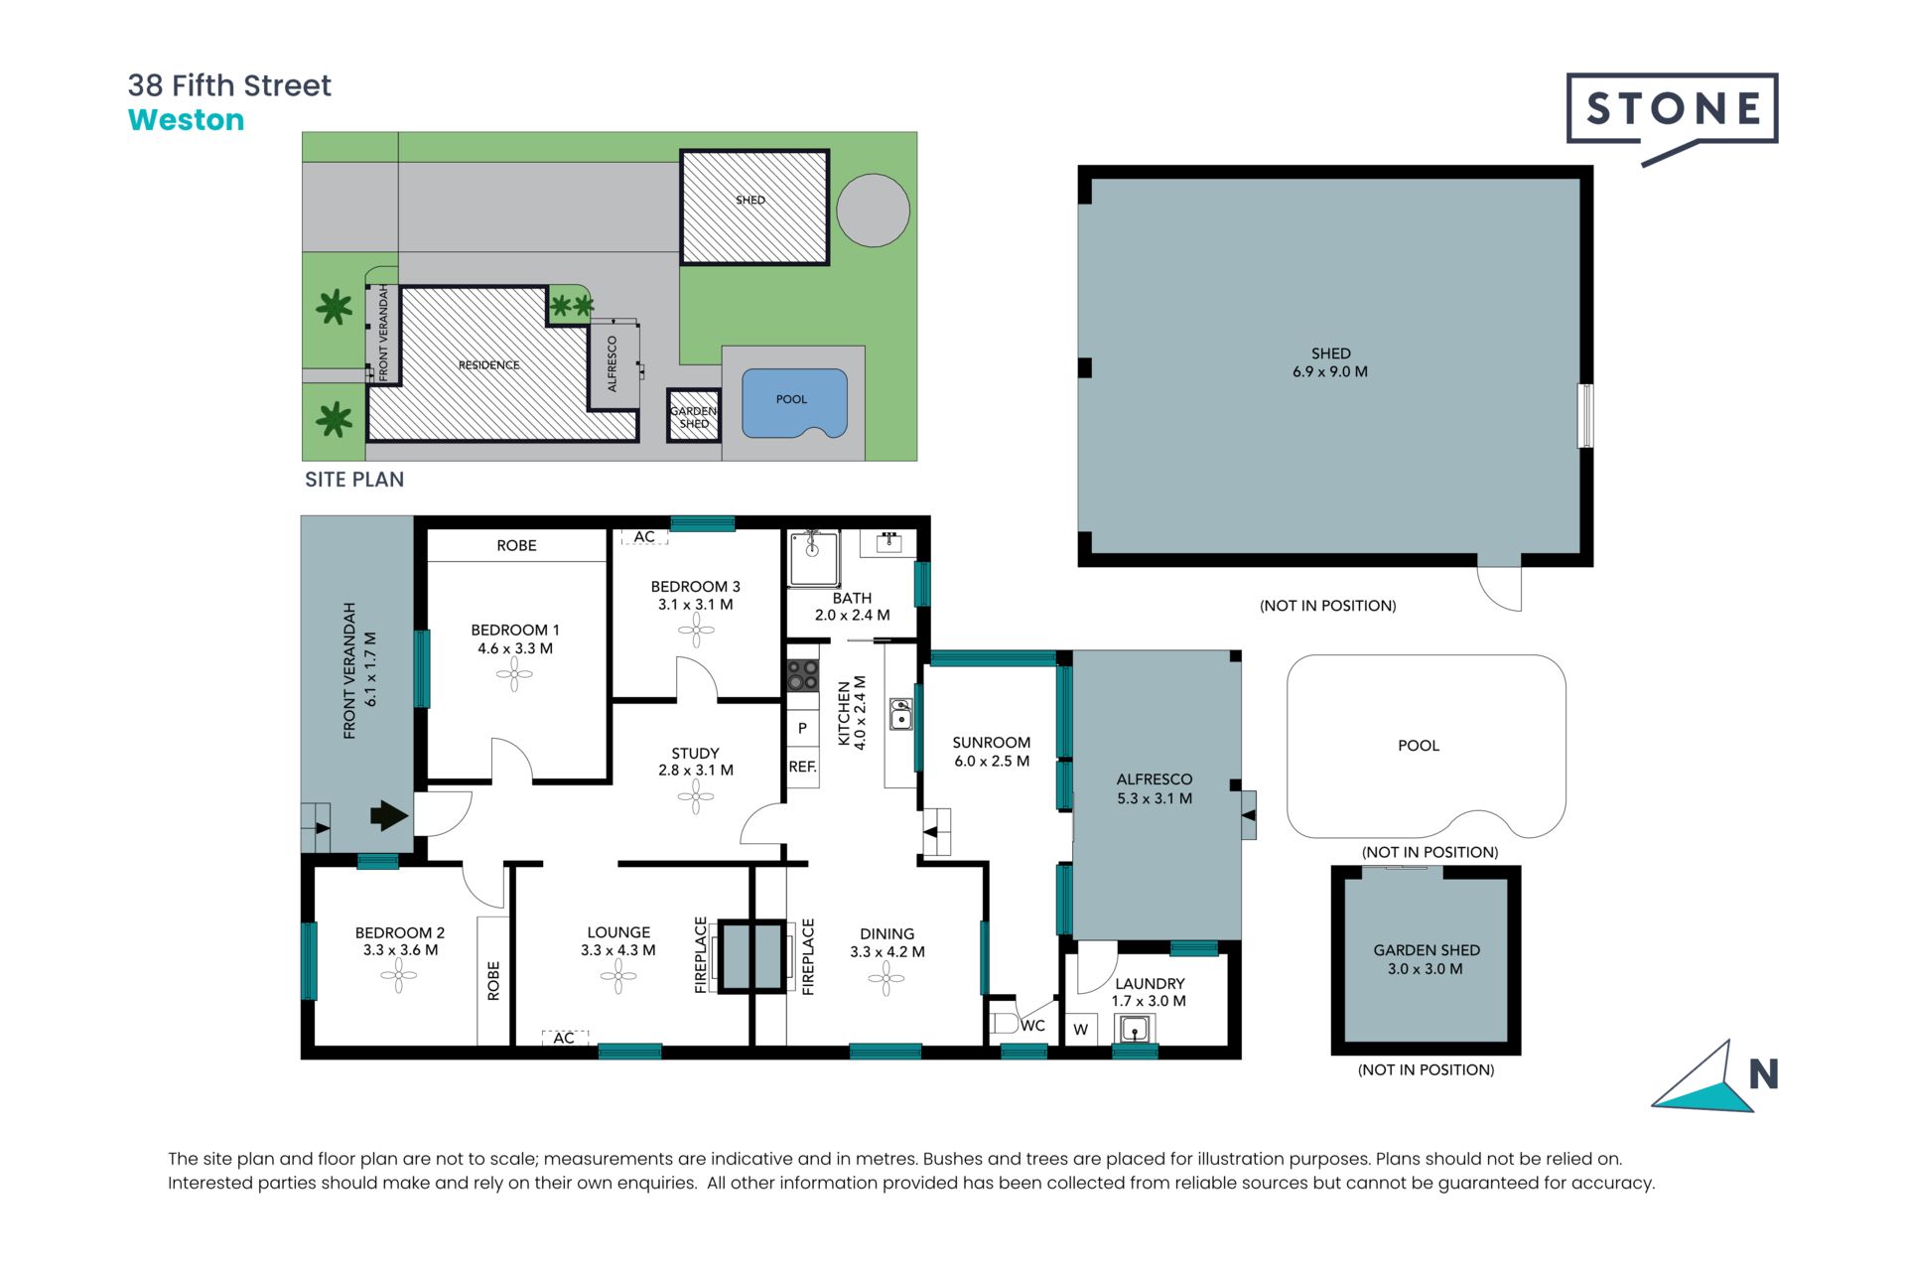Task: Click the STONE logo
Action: pos(1672,109)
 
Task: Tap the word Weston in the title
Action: pos(186,120)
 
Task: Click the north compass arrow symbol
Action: pos(1702,1080)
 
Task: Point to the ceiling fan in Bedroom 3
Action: pos(696,630)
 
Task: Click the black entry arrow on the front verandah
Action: pos(388,816)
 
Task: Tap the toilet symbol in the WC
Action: pos(1003,1024)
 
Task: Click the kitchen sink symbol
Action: pos(900,714)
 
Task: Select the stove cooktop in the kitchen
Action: pos(802,675)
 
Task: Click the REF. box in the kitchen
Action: pos(802,767)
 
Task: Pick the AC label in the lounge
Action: pos(564,1038)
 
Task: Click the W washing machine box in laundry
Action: pos(1081,1030)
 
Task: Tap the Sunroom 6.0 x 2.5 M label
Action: pos(991,752)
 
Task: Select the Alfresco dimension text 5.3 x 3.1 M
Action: pos(1154,798)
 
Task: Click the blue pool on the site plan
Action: pos(793,401)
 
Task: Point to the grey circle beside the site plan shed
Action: pos(873,210)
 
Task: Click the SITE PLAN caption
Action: pos(353,480)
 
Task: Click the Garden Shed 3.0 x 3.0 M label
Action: pos(1426,959)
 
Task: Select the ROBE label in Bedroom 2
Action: pos(493,980)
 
